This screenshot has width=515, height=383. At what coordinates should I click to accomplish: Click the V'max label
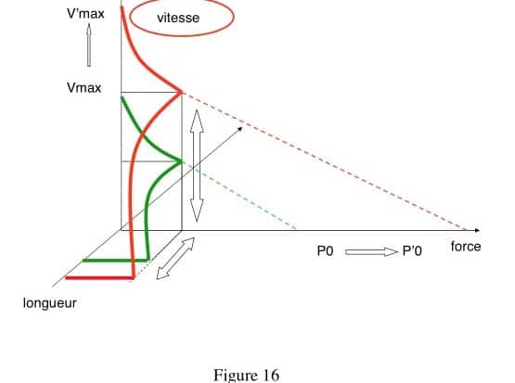85,14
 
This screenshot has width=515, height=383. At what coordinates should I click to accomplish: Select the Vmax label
84,88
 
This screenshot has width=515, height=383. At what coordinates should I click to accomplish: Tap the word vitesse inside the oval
178,18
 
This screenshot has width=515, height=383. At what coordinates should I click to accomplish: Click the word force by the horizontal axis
466,247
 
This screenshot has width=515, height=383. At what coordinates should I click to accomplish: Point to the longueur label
50,303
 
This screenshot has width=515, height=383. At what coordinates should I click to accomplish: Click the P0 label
325,251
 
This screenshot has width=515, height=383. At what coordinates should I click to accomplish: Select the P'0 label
412,251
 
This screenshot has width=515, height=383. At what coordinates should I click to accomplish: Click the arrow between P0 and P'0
371,251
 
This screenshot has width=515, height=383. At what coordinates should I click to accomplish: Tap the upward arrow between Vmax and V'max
89,45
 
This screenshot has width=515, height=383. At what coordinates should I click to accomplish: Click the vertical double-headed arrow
197,166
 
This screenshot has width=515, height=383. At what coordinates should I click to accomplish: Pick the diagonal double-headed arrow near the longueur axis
175,259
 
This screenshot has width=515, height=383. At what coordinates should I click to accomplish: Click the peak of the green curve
181,161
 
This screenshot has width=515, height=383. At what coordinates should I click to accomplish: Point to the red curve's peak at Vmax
181,92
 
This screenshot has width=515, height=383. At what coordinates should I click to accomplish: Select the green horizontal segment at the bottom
116,261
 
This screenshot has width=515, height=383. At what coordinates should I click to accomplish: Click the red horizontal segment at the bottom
100,278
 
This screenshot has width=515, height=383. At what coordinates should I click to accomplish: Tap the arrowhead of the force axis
478,231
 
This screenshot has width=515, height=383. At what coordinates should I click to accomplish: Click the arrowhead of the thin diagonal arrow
240,129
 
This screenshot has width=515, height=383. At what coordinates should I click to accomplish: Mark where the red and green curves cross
142,134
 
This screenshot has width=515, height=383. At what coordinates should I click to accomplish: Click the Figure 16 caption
246,376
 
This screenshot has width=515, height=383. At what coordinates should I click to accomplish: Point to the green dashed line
239,195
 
